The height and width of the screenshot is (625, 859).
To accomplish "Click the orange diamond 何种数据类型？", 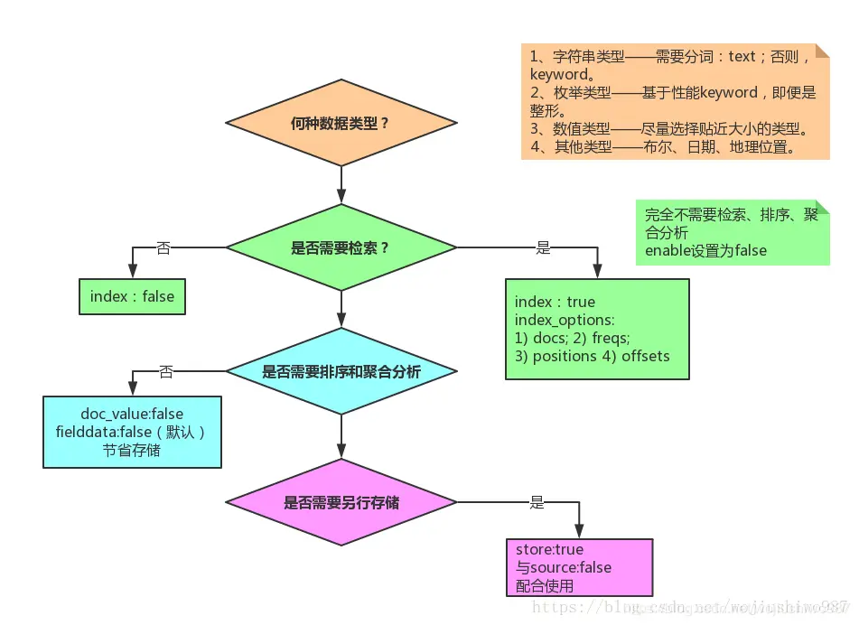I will tap(341, 123).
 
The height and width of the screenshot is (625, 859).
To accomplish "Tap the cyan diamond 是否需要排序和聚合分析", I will tap(341, 371).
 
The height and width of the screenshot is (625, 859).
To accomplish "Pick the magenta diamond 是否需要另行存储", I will tap(341, 502).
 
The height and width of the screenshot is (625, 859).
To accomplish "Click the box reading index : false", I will tap(132, 296).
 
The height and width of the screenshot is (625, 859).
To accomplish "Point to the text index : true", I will tap(555, 302).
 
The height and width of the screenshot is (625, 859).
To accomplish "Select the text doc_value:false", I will tap(132, 414).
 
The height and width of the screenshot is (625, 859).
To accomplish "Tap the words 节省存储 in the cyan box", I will tap(132, 450).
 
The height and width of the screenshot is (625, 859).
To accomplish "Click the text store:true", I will tap(549, 549).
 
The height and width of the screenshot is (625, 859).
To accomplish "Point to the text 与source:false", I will tap(563, 567).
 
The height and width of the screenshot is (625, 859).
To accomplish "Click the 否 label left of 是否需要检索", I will tap(163, 247).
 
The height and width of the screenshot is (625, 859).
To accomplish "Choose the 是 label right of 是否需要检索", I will tap(543, 247).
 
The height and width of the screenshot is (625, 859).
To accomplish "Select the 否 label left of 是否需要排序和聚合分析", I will tap(165, 371).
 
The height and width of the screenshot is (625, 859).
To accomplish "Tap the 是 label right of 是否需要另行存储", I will tap(537, 502).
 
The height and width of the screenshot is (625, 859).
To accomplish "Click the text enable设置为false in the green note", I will tap(705, 250).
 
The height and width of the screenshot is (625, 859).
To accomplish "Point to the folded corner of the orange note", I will tap(822, 51).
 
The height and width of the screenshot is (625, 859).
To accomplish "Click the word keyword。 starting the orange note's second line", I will tap(558, 74).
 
